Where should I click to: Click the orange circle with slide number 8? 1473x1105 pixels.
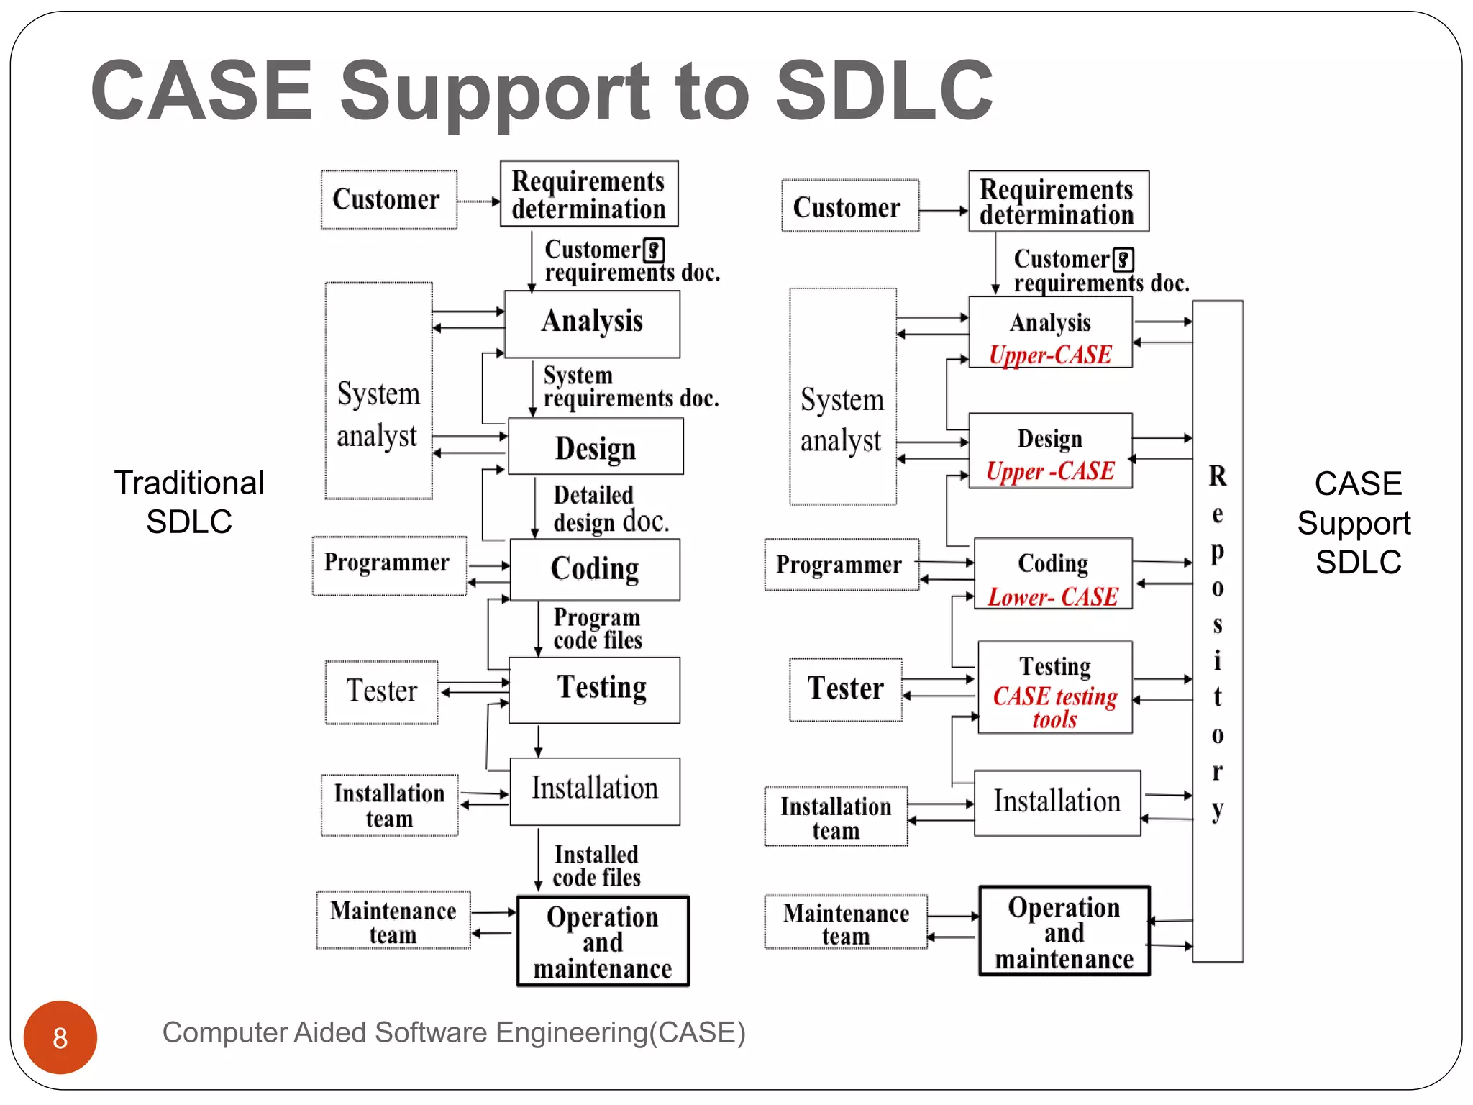pyautogui.click(x=60, y=1037)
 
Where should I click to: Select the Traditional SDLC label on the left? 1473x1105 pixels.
pyautogui.click(x=189, y=501)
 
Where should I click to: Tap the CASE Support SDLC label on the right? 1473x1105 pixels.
pyautogui.click(x=1356, y=522)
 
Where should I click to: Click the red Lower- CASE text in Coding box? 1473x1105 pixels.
pyautogui.click(x=1052, y=596)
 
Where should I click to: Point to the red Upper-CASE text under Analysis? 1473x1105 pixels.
pyautogui.click(x=1050, y=355)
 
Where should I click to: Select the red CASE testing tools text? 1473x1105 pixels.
pyautogui.click(x=1054, y=706)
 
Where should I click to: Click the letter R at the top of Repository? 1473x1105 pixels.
pyautogui.click(x=1217, y=476)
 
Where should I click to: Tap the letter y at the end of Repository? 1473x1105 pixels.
pyautogui.click(x=1217, y=809)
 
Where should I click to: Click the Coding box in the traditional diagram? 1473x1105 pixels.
pyautogui.click(x=595, y=569)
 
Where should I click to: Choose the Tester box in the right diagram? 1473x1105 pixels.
pyautogui.click(x=845, y=688)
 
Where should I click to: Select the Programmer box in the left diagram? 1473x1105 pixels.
pyautogui.click(x=388, y=564)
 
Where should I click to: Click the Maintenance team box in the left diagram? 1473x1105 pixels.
pyautogui.click(x=393, y=921)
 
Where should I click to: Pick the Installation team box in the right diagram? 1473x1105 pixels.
pyautogui.click(x=836, y=817)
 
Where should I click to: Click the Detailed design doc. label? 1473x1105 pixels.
pyautogui.click(x=610, y=509)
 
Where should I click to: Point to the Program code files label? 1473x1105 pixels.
pyautogui.click(x=597, y=628)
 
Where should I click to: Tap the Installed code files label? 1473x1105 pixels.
pyautogui.click(x=596, y=865)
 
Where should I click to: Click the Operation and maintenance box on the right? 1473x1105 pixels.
pyautogui.click(x=1064, y=932)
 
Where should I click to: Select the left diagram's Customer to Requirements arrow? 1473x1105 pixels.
pyautogui.click(x=478, y=201)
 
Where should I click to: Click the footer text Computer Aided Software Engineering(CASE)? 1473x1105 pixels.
pyautogui.click(x=453, y=1032)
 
